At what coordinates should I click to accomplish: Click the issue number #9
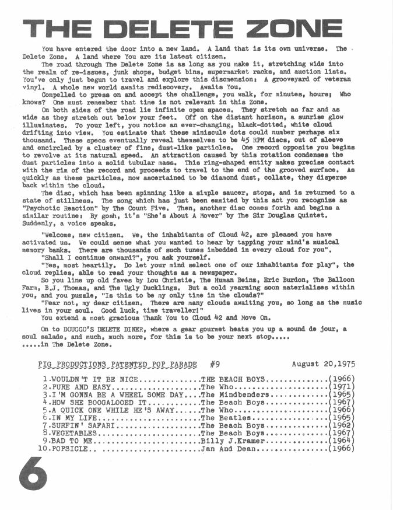click(214, 364)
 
